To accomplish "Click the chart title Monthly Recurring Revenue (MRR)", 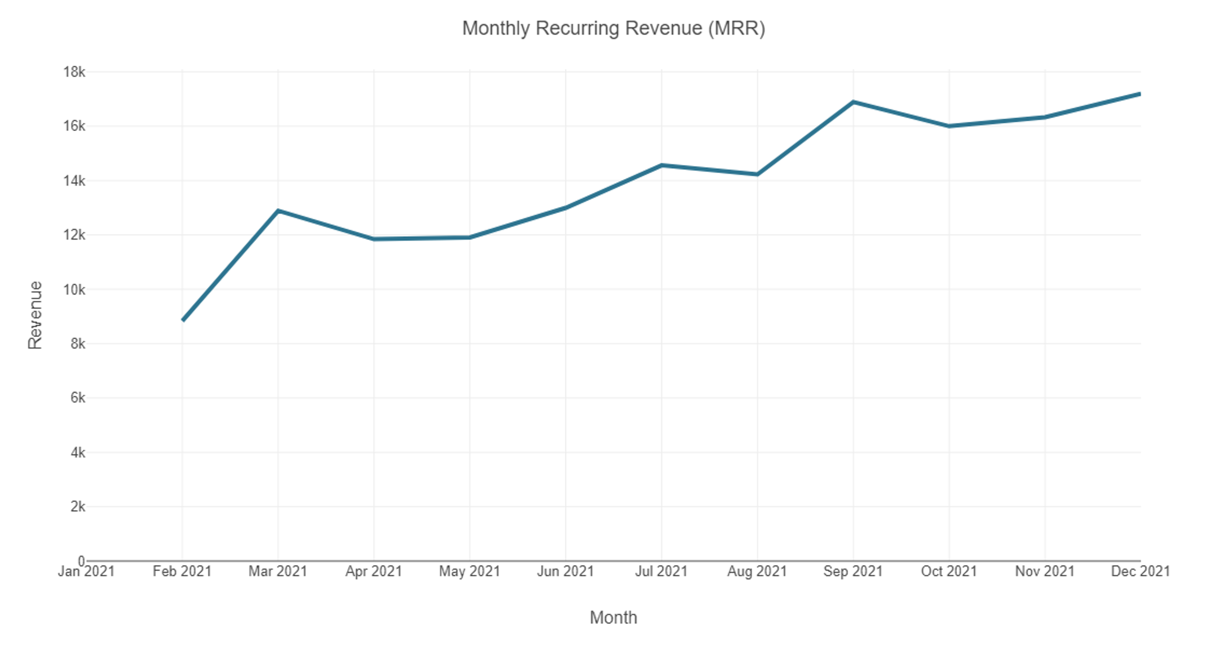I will pos(613,28).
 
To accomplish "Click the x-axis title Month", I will pos(613,618).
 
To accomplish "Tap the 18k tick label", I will pos(74,72).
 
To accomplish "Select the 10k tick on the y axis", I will pos(74,289).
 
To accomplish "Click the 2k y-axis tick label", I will pos(78,506).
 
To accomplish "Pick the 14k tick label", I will pos(74,181).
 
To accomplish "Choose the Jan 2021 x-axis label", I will pos(86,571).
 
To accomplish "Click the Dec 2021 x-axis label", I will pos(1140,571).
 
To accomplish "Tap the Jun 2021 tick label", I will pos(565,571).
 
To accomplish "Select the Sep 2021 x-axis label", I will pos(853,571).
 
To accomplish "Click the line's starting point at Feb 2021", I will pos(183,320).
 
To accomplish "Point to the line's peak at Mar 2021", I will pos(278,210).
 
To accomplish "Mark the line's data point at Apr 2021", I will pos(374,239).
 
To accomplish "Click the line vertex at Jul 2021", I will pos(662,165).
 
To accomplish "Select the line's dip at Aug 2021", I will pos(757,174).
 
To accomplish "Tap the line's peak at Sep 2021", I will pos(853,102).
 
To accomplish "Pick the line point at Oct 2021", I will pos(949,126).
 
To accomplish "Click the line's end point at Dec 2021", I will pos(1140,94).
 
